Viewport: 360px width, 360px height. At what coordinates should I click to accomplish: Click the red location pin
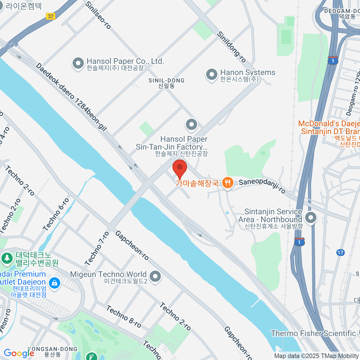point(180,168)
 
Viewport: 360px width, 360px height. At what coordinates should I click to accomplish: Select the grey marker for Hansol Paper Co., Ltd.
point(78,64)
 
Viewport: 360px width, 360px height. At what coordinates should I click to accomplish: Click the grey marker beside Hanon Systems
point(211,74)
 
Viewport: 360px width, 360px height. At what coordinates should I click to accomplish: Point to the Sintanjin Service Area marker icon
point(310,217)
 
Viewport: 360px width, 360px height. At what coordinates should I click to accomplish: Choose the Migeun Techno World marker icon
point(155,277)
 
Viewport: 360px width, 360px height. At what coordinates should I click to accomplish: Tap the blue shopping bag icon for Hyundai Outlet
point(54,283)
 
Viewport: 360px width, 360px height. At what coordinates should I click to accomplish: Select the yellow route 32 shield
point(51,16)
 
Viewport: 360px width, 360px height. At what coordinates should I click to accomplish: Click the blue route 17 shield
point(340,253)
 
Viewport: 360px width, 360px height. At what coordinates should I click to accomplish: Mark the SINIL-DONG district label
point(166,83)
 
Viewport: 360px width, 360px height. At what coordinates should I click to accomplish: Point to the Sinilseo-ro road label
point(98,15)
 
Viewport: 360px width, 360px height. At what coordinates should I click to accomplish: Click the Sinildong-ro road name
point(231,47)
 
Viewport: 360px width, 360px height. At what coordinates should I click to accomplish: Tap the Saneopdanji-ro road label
point(262,186)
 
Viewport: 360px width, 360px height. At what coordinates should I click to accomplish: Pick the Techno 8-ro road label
point(123,316)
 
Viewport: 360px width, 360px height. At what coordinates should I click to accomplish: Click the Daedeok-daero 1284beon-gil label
point(71,97)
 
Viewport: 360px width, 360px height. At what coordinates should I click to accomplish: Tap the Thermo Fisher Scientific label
point(313,333)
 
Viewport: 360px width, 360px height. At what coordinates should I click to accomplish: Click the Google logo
point(19,353)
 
